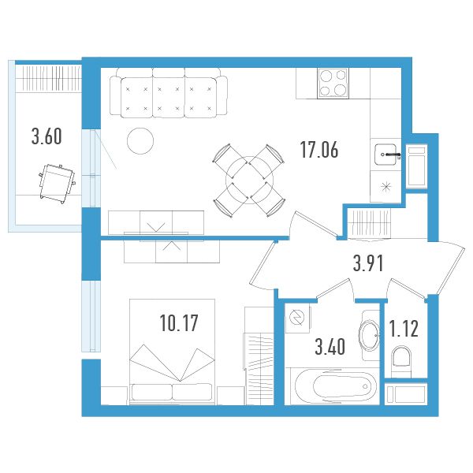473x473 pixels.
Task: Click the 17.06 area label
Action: (319, 150)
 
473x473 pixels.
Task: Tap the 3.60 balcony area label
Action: (47, 136)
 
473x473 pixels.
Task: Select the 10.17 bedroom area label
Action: (179, 322)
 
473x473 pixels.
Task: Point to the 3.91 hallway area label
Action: (368, 263)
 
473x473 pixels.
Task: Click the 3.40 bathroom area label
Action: (330, 347)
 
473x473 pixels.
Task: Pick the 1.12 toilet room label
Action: (404, 329)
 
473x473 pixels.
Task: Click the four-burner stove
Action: (333, 84)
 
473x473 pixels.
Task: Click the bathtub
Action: (336, 385)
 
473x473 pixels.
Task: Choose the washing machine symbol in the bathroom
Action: (297, 318)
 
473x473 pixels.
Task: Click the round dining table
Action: (249, 180)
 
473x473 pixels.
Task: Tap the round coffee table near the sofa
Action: (140, 140)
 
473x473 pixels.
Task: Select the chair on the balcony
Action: (57, 184)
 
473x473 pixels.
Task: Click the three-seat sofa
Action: (169, 92)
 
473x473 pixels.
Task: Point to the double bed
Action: (172, 352)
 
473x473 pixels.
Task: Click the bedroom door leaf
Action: (263, 262)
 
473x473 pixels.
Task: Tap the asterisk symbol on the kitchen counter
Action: (386, 187)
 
